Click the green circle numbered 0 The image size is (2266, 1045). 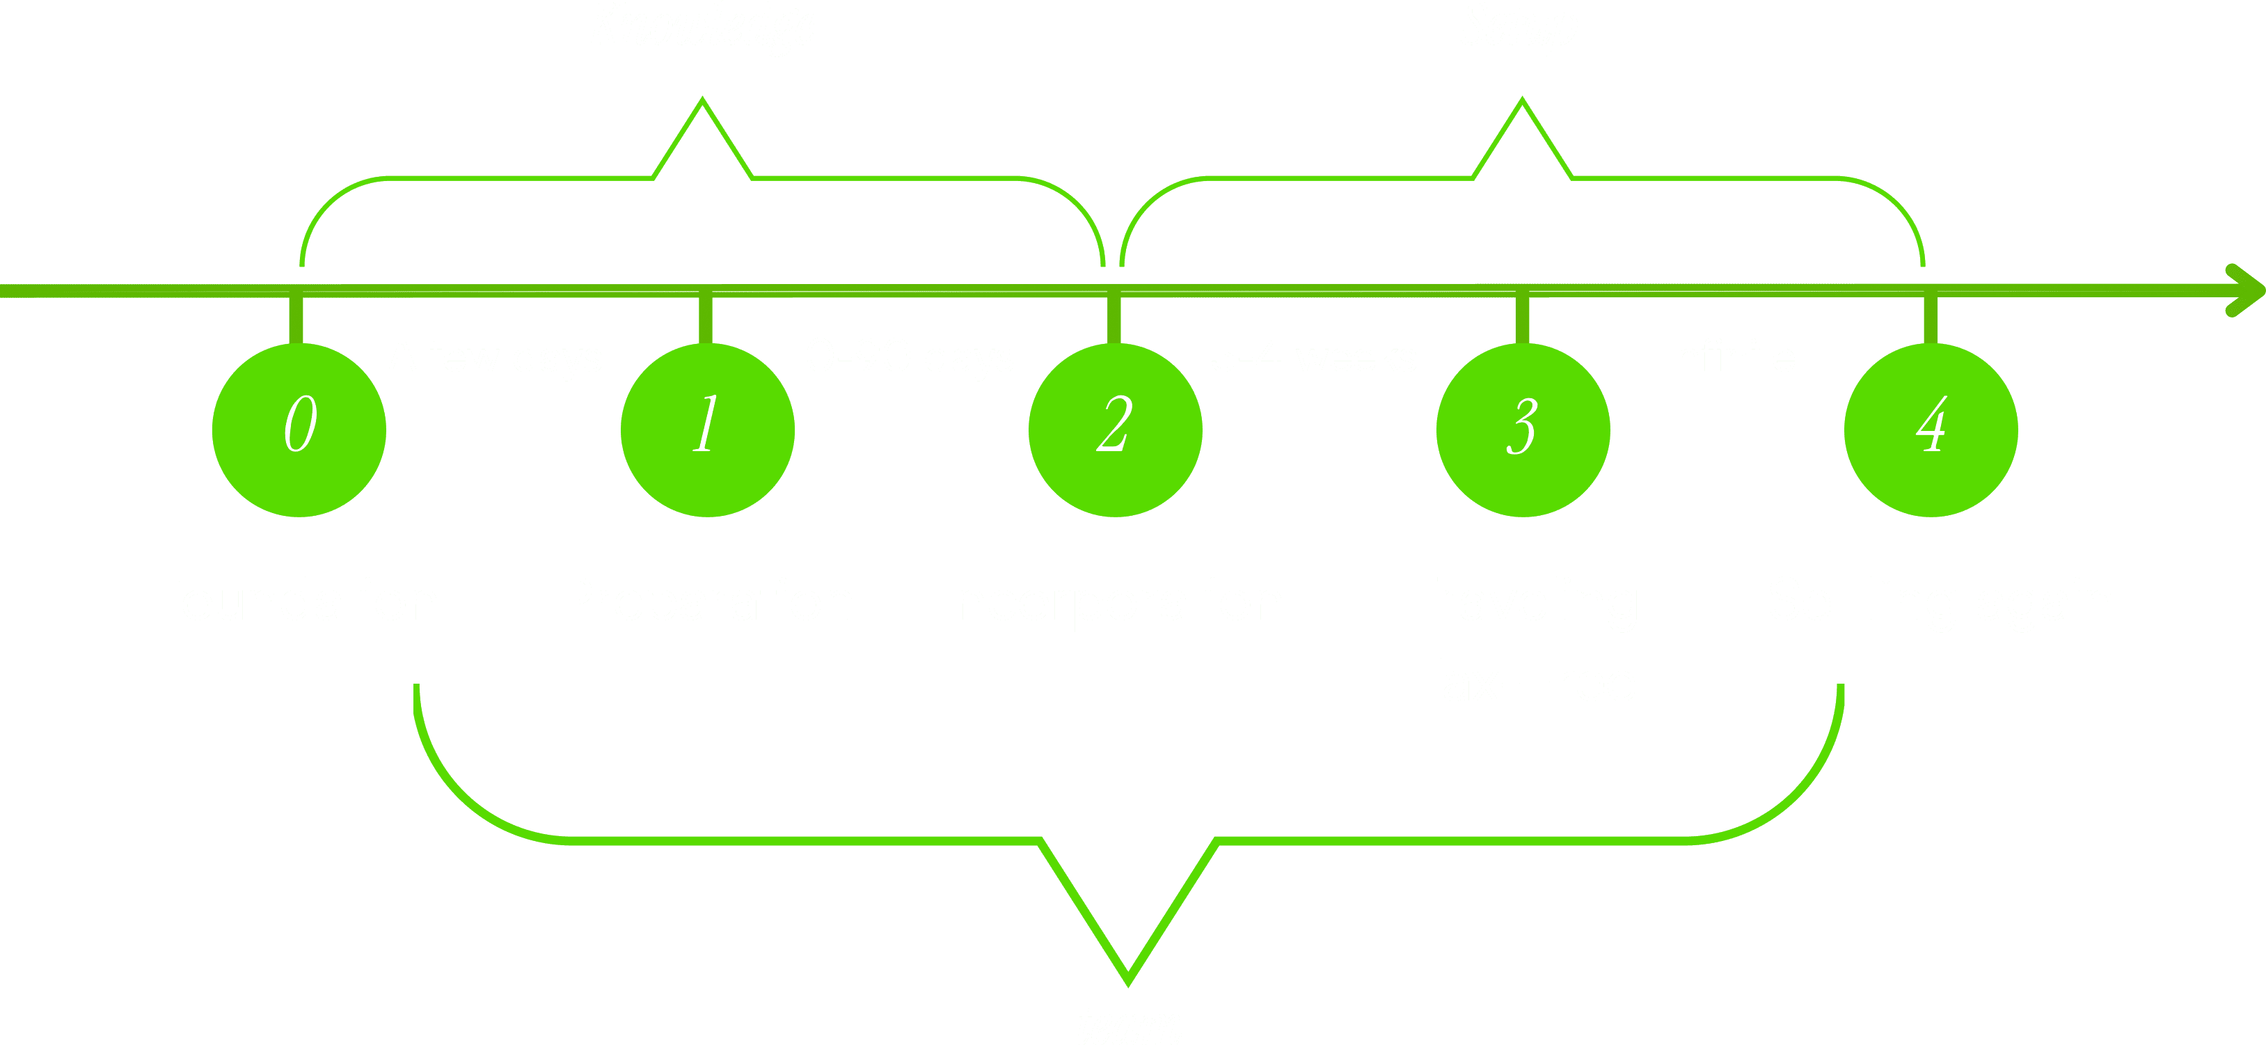pos(299,430)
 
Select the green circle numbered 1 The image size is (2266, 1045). pos(707,430)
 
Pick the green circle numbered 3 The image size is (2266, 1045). pos(1523,430)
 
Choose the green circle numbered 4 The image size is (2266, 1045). pos(1931,430)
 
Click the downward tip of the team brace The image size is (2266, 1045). pos(1127,980)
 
